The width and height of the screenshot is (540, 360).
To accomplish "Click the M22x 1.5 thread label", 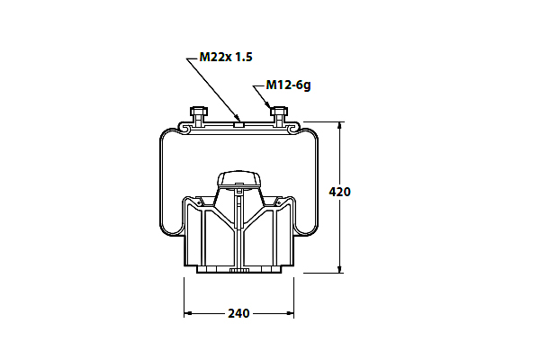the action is (x=226, y=57).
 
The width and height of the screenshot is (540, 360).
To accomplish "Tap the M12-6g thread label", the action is (x=289, y=85).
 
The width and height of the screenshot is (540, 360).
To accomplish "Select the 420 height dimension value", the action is (x=339, y=192).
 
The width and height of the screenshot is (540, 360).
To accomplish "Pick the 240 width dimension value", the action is (x=238, y=313).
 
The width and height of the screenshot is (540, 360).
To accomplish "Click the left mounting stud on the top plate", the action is (x=199, y=116).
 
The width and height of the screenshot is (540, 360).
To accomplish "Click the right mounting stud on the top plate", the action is (x=279, y=116).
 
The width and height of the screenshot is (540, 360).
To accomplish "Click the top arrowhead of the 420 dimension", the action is (x=340, y=126).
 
